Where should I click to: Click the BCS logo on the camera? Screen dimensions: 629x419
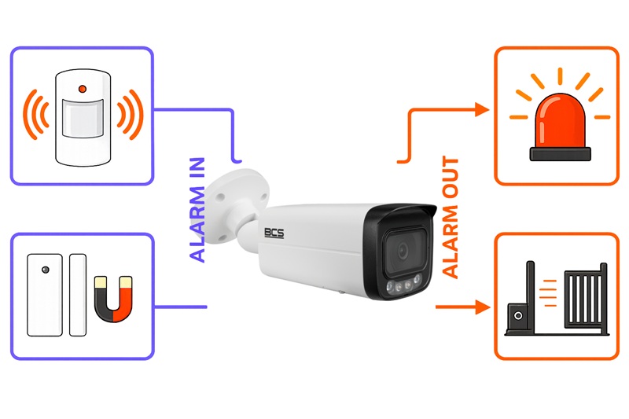pos(274,233)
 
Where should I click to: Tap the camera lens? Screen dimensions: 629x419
pos(403,252)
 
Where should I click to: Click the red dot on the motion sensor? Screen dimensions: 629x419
pos(83,89)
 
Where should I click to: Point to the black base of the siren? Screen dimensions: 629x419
pos(560,154)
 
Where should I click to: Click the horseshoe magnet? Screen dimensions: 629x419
pos(113,299)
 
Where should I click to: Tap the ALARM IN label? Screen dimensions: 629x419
pos(197,210)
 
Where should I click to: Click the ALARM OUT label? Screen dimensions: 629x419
pos(450,217)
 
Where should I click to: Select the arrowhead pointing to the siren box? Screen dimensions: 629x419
pos(482,109)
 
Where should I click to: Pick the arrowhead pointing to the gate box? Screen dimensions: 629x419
pos(483,307)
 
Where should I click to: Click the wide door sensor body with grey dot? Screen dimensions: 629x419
pos(45,295)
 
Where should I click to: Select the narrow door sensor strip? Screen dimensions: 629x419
pos(78,295)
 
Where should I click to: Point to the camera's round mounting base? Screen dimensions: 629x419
pos(237,207)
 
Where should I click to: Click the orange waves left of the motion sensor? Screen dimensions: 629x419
pos(35,114)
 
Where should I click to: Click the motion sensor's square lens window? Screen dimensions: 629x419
pos(83,118)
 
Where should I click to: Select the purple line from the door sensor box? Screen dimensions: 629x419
pos(181,307)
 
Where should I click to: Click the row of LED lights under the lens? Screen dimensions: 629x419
pos(403,284)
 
